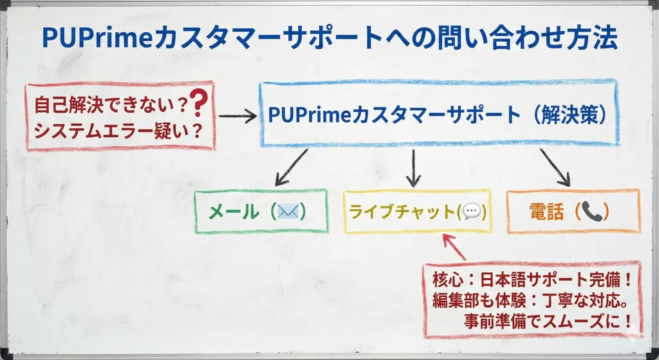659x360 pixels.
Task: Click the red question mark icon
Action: point(200,102)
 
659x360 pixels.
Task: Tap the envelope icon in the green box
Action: point(288,211)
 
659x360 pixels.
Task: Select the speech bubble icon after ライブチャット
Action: point(471,211)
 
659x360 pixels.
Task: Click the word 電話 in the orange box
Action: point(547,211)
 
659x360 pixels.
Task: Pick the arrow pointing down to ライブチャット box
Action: point(414,168)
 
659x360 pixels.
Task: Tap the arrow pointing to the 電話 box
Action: point(554,166)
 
